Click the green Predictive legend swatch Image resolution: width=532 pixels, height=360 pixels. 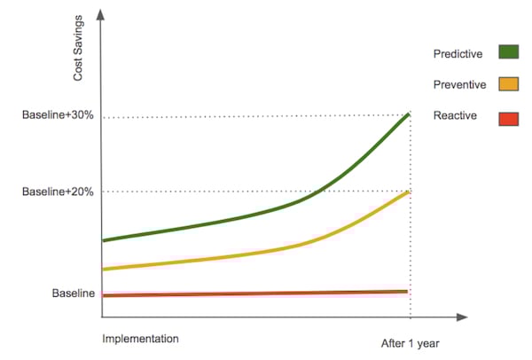tap(509, 52)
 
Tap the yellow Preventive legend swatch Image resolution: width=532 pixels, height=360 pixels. tap(509, 84)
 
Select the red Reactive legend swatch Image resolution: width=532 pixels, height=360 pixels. tap(509, 116)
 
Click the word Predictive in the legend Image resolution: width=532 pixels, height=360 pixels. tap(458, 54)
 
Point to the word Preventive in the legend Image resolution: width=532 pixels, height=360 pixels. tap(458, 85)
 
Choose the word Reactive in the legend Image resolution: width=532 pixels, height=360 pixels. tap(455, 116)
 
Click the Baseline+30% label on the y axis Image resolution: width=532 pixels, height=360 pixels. tap(58, 116)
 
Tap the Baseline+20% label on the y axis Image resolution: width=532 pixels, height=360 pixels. tap(58, 191)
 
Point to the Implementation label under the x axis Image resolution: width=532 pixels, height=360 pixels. tap(140, 339)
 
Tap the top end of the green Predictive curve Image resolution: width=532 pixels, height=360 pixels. tap(409, 113)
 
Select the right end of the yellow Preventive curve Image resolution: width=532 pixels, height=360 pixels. tap(409, 192)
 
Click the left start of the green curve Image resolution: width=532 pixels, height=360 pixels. tap(104, 240)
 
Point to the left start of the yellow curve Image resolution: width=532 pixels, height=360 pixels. tap(104, 269)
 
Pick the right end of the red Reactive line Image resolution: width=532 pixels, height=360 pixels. tap(407, 291)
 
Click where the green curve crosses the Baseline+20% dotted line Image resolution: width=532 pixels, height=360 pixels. tap(317, 191)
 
